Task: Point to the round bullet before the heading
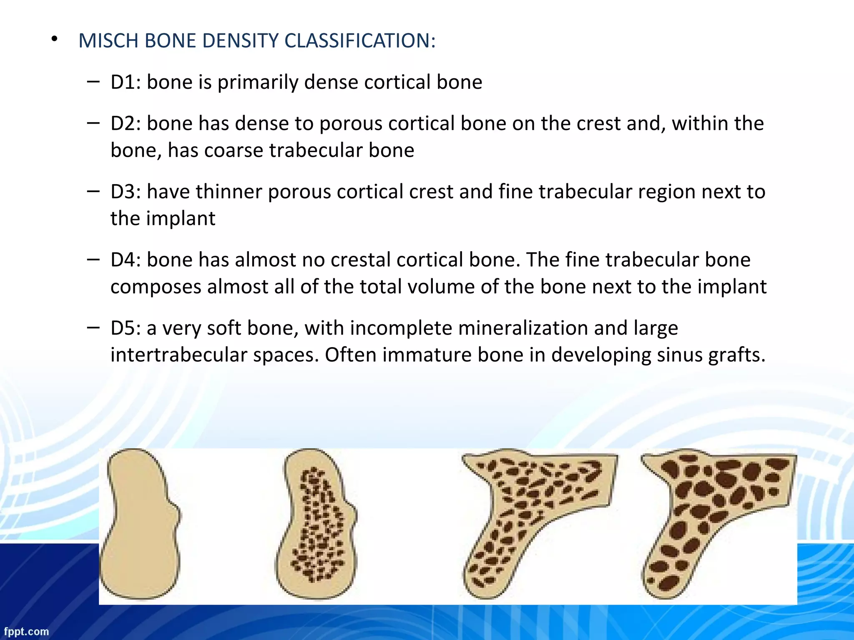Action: coord(54,40)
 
